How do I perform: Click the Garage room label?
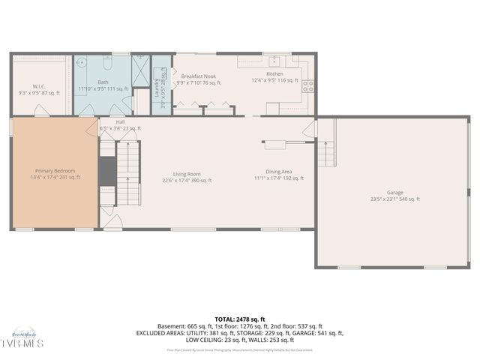click(394, 192)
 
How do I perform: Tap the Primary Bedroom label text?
click(55, 172)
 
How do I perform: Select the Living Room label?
click(187, 174)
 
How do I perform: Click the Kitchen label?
click(275, 74)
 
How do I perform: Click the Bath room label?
click(103, 82)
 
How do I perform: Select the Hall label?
click(121, 121)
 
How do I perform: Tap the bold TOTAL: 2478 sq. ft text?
click(240, 319)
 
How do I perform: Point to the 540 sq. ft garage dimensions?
click(394, 199)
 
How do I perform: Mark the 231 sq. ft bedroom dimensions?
click(55, 178)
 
